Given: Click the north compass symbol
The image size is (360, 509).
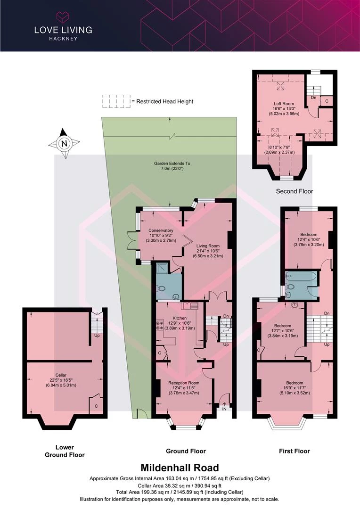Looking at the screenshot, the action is [x=64, y=143].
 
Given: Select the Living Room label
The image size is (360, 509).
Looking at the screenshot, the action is [x=208, y=246].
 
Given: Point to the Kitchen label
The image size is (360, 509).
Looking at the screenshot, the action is [x=180, y=318].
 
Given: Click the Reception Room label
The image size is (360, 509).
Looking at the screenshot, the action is [x=184, y=383].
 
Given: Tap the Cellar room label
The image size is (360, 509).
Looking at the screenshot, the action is [x=61, y=375].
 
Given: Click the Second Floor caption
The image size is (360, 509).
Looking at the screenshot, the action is [x=295, y=191].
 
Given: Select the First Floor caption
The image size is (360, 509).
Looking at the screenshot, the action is [x=295, y=451].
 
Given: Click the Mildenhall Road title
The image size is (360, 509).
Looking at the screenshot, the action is [x=180, y=468].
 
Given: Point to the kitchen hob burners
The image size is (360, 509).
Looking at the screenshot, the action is [x=159, y=326].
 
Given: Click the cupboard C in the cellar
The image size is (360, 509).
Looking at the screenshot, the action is [x=96, y=406].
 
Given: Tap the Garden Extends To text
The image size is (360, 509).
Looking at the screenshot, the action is [x=172, y=164].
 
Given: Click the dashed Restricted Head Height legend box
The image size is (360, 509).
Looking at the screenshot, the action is [x=116, y=101].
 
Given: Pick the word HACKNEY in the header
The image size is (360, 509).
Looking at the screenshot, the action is [x=63, y=39].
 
